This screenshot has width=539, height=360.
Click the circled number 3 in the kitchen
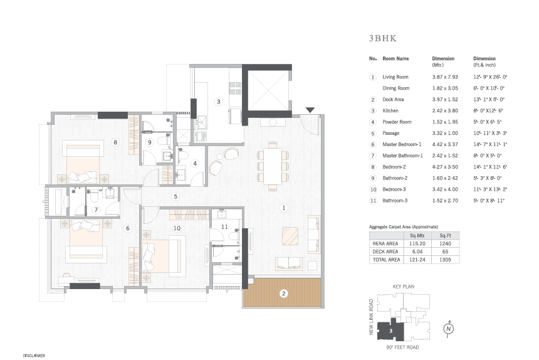click(x=218, y=102)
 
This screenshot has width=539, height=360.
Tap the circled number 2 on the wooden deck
click(x=283, y=294)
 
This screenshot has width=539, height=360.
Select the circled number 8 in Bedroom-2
click(x=115, y=142)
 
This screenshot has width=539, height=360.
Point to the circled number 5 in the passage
click(x=175, y=196)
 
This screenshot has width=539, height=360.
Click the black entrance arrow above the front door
click(x=310, y=110)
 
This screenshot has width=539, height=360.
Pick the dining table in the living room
click(x=273, y=166)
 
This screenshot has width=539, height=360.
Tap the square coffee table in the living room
click(x=290, y=236)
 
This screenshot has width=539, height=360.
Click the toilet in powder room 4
click(x=182, y=154)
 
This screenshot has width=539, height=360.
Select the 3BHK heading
click(x=383, y=38)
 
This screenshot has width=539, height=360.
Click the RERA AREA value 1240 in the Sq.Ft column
click(x=445, y=243)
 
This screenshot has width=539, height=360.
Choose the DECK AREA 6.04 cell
click(x=417, y=251)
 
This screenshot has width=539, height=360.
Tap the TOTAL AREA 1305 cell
click(x=445, y=260)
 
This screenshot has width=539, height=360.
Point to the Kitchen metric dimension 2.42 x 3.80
click(x=445, y=111)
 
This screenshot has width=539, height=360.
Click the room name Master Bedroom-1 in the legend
click(x=402, y=144)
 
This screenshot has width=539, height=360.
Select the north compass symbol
click(x=448, y=329)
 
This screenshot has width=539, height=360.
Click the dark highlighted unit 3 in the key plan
click(x=391, y=331)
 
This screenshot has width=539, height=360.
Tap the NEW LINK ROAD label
click(x=371, y=317)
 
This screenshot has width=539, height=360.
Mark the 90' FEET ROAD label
click(x=402, y=347)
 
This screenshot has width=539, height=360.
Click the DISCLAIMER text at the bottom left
click(x=34, y=356)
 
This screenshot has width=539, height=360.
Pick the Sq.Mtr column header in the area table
click(x=417, y=236)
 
